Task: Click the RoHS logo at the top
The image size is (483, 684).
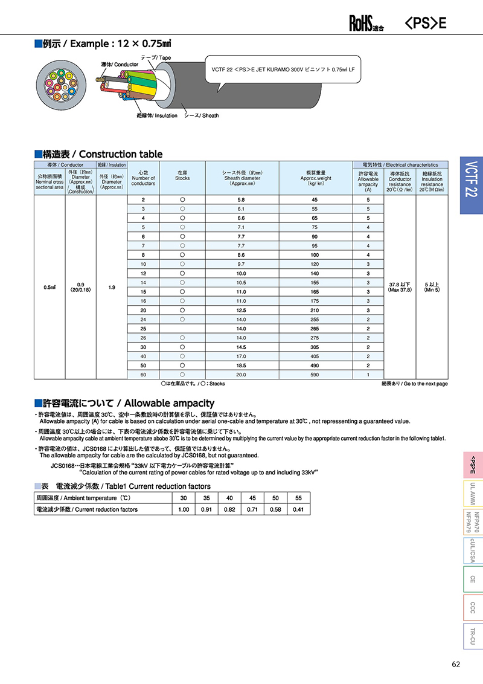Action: coord(366,24)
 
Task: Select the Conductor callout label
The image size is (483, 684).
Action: coord(119,64)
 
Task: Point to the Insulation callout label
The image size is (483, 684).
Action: coord(157,115)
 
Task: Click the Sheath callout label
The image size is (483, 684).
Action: coord(202,115)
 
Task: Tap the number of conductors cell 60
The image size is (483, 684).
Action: coord(143,375)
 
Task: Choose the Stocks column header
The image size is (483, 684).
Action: coord(182,175)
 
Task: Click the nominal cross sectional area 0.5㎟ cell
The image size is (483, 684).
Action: coord(50,287)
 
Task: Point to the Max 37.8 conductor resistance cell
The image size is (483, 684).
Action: coord(400,287)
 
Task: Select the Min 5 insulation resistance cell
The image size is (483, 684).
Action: coord(432,287)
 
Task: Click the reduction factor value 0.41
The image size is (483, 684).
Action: coord(298,509)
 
